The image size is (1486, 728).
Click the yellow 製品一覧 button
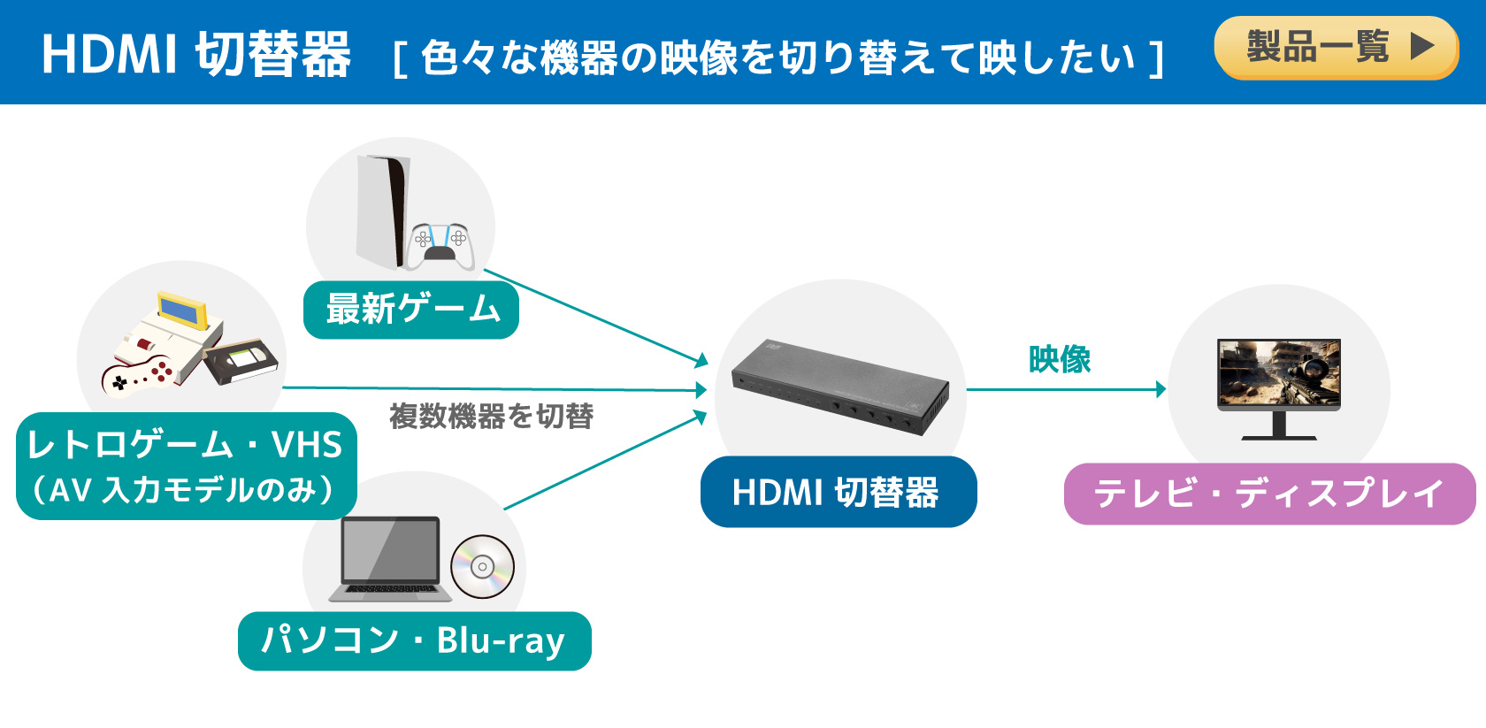(x=1336, y=48)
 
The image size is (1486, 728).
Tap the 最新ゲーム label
(x=411, y=310)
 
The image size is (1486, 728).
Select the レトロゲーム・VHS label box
(x=187, y=466)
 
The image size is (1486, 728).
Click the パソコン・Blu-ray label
(x=415, y=641)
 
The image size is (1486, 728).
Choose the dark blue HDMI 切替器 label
(x=839, y=492)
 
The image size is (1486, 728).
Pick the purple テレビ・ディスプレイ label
(x=1270, y=494)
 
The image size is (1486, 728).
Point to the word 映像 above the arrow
(x=1060, y=360)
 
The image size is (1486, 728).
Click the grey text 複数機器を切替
(x=491, y=416)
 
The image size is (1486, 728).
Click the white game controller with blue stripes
(x=440, y=246)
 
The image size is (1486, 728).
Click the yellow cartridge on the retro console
(x=182, y=310)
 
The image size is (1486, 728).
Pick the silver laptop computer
(x=391, y=559)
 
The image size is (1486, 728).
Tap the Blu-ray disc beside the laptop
(x=482, y=567)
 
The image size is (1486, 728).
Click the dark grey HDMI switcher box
(x=840, y=387)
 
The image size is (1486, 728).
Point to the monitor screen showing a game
(x=1279, y=372)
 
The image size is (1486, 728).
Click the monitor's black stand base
(x=1279, y=437)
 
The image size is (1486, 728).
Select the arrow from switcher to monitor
(x=1067, y=389)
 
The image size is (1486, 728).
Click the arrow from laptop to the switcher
(x=606, y=460)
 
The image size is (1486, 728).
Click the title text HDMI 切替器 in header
(x=196, y=55)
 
